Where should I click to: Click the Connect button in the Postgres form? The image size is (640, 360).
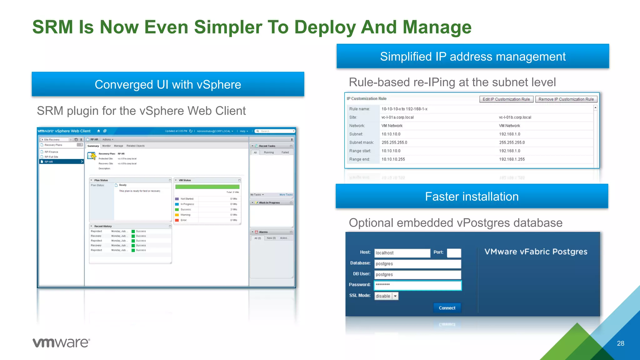447,308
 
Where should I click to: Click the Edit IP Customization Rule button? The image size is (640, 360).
506,99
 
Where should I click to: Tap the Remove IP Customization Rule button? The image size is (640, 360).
566,99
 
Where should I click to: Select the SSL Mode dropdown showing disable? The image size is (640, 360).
386,296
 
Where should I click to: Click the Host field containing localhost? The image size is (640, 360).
402,253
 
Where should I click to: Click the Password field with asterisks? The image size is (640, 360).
417,285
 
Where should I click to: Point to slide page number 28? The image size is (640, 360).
620,343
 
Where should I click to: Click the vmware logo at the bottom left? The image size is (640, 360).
61,342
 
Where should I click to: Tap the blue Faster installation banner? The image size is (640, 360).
472,196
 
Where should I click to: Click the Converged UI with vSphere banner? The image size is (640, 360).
168,84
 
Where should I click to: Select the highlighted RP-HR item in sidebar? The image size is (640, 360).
61,162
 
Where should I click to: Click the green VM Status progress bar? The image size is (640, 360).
207,187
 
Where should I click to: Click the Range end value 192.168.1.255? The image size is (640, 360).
512,159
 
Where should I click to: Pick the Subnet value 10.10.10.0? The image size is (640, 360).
391,134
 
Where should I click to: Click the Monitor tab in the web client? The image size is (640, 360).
106,146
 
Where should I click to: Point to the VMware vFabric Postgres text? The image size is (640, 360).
536,252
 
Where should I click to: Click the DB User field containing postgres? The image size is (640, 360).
417,274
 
